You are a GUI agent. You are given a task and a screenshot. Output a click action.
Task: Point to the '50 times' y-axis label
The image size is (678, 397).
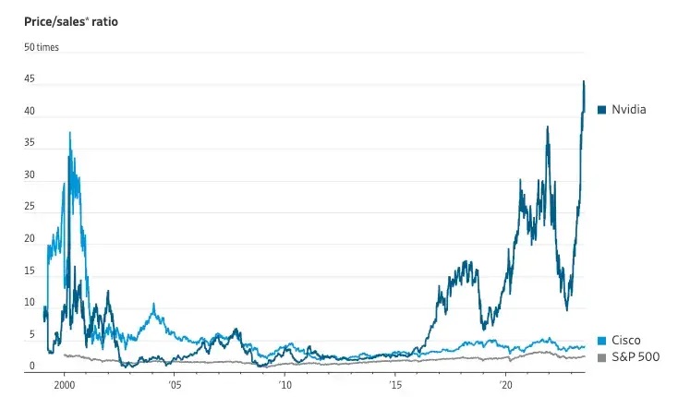tap(41, 47)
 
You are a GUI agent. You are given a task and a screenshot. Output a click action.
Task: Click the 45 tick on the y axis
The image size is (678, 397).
tap(30, 79)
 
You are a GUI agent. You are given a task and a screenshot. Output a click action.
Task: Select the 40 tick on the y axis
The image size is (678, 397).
tap(30, 112)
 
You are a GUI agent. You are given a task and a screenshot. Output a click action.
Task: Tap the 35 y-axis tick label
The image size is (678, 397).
tap(30, 143)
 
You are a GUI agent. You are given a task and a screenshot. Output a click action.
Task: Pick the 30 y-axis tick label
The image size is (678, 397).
tap(30, 175)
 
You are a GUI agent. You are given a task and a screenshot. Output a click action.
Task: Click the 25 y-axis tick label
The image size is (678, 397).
tap(30, 207)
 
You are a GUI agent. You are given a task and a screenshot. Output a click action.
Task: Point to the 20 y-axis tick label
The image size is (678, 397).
tap(30, 239)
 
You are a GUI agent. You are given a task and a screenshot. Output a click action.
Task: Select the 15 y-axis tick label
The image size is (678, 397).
tap(30, 271)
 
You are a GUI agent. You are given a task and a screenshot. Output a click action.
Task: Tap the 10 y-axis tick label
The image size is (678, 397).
tap(30, 303)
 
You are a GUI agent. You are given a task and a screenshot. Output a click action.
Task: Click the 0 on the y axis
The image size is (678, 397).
tap(31, 367)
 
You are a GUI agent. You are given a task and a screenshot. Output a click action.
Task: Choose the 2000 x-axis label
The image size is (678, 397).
tap(65, 382)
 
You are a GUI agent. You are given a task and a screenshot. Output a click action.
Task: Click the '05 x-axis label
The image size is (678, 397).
tap(173, 382)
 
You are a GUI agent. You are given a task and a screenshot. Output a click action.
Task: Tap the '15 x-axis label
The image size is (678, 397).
tap(395, 382)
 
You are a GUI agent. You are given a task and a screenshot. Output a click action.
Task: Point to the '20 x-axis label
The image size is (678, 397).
tap(506, 382)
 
